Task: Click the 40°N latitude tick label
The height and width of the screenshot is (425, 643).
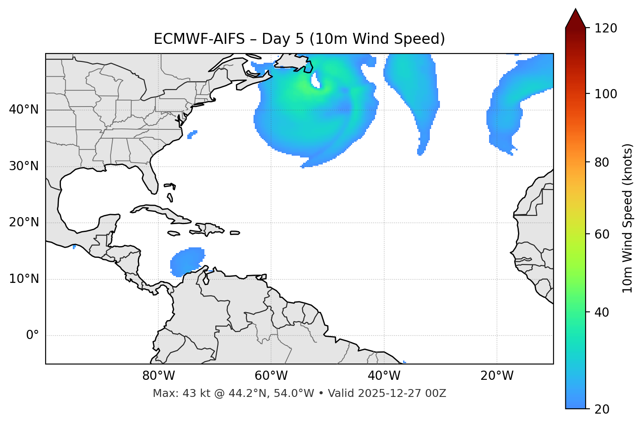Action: click(x=24, y=110)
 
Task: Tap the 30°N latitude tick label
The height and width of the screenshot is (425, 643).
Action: click(x=24, y=166)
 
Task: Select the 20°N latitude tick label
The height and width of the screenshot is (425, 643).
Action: click(x=24, y=222)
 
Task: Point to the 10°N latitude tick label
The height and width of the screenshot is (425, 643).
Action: click(x=24, y=279)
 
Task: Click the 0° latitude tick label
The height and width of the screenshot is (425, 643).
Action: click(x=32, y=336)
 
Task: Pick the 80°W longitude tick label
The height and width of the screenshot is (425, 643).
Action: click(x=158, y=376)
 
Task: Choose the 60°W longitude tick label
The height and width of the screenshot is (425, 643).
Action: click(x=271, y=376)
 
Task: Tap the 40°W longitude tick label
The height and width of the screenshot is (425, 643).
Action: click(x=384, y=376)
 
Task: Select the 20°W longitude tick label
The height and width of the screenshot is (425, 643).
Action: click(x=497, y=376)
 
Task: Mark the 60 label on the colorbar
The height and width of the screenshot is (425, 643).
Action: click(x=601, y=234)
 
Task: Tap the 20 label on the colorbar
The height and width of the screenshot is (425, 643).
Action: click(x=601, y=409)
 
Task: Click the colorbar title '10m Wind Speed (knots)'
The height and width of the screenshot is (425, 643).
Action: click(x=628, y=218)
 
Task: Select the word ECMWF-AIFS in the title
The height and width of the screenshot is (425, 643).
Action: click(x=199, y=39)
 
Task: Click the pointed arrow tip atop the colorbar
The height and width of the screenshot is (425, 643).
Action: click(x=575, y=11)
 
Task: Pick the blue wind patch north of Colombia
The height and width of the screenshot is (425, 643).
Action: click(x=186, y=262)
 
